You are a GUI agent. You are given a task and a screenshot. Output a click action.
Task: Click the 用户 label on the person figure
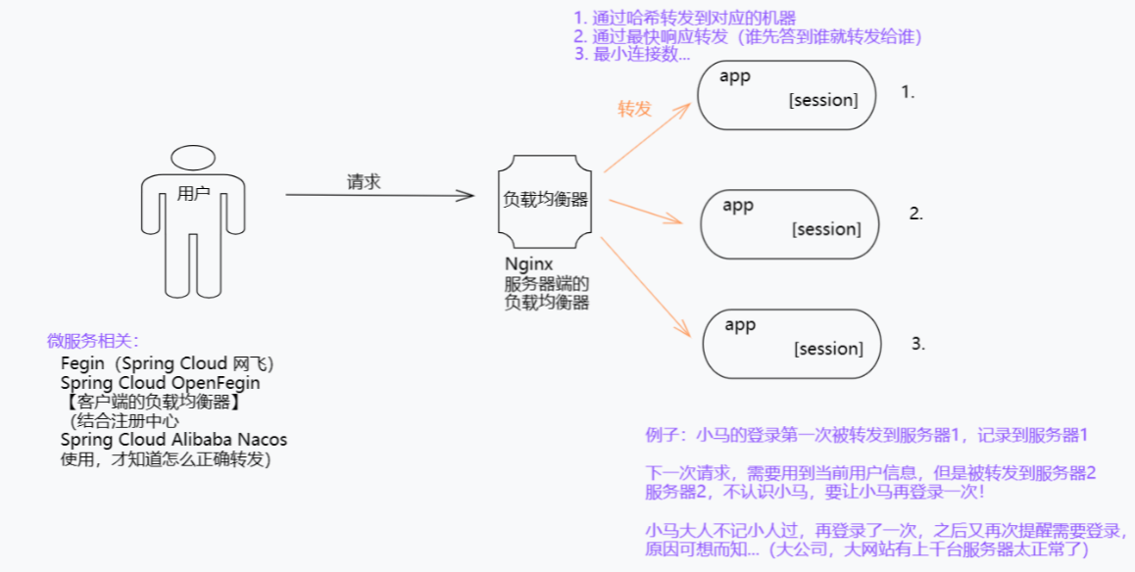[x=193, y=194]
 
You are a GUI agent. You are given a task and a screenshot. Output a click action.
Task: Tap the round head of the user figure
[x=193, y=158]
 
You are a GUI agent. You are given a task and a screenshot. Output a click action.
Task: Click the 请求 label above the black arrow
[x=363, y=182]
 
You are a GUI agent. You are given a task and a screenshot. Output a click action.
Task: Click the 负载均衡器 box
[x=545, y=200]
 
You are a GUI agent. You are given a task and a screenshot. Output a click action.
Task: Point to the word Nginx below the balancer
[x=529, y=264]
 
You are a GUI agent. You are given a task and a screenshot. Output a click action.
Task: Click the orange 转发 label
[x=634, y=109]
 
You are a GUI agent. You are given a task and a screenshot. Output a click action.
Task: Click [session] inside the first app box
[x=823, y=101]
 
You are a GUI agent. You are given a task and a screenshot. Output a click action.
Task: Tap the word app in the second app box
[x=738, y=206]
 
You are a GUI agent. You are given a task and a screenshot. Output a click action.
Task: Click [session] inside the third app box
[x=829, y=349]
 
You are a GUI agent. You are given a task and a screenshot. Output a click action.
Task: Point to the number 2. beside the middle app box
[x=916, y=214]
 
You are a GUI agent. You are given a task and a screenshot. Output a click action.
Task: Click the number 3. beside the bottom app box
[x=918, y=343]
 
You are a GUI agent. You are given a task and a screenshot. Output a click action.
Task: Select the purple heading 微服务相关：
[x=94, y=341]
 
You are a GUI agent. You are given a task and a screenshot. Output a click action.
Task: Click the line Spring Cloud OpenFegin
[x=161, y=383]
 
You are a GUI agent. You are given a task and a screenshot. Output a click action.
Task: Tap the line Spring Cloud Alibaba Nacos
[x=173, y=440]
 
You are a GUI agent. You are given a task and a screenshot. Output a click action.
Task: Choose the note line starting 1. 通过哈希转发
[x=685, y=18]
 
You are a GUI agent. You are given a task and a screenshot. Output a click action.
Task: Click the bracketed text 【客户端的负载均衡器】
[x=151, y=402]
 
